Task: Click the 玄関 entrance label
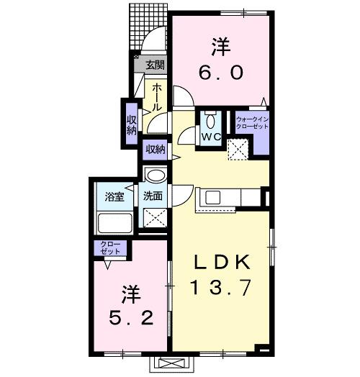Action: [156, 65]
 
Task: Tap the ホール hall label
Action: [156, 96]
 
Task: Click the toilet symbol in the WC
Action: [210, 119]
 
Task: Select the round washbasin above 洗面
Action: [155, 176]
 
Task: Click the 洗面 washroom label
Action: [153, 196]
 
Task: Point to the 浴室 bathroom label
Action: [115, 196]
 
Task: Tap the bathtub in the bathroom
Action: [113, 222]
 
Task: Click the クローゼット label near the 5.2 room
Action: [111, 249]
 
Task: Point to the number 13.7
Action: [220, 289]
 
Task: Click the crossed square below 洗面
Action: [155, 217]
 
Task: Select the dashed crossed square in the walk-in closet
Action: [238, 149]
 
